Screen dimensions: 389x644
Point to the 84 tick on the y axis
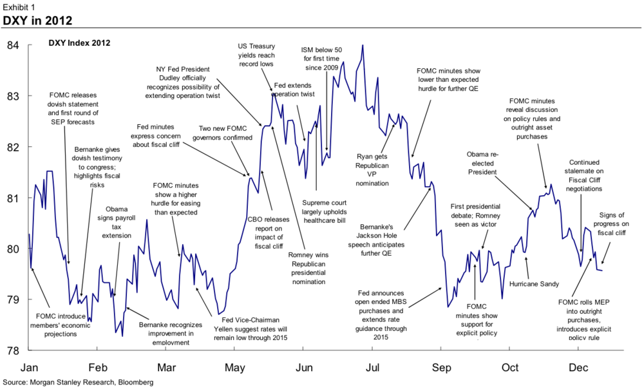click(14, 45)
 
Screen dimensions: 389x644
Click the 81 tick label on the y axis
click(14, 198)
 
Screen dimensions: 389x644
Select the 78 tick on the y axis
click(14, 350)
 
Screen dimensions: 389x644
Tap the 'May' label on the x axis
click(235, 368)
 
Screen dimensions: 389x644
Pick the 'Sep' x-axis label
click(440, 368)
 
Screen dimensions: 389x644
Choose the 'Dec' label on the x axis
click(578, 368)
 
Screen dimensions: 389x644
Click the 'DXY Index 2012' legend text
click(79, 43)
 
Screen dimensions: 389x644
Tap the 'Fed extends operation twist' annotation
click(294, 90)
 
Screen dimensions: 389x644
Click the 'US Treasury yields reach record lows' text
click(256, 55)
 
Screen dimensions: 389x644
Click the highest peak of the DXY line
click(363, 45)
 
